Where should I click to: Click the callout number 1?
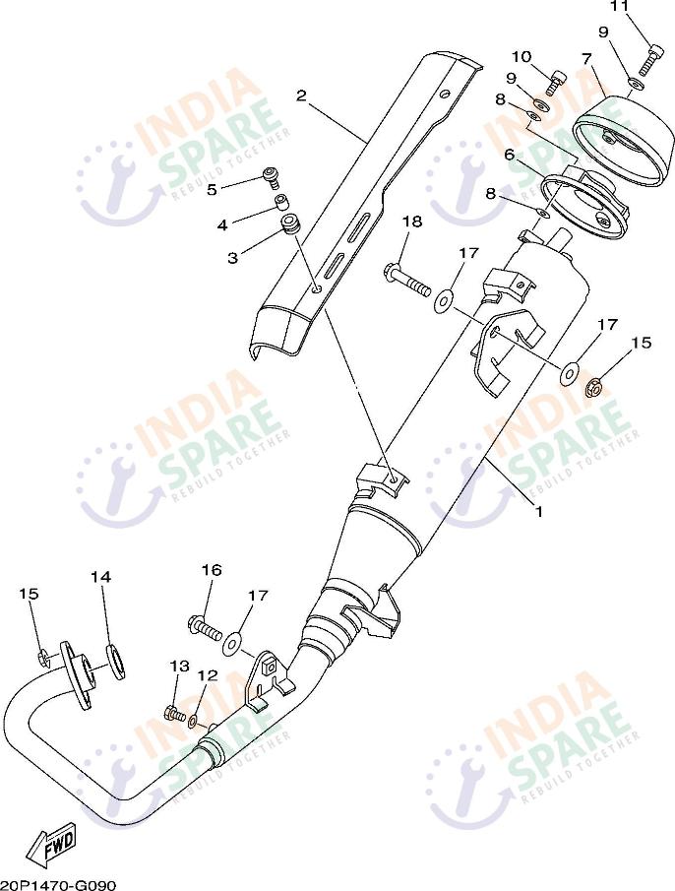pyautogui.click(x=538, y=511)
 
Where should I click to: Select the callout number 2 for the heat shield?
pyautogui.click(x=302, y=95)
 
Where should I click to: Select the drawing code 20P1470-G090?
pyautogui.click(x=58, y=884)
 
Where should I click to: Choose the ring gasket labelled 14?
pyautogui.click(x=115, y=660)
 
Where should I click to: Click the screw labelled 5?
pyautogui.click(x=271, y=177)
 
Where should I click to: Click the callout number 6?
pyautogui.click(x=510, y=155)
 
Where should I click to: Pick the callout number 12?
pyautogui.click(x=207, y=675)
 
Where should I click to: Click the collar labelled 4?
pyautogui.click(x=280, y=204)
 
